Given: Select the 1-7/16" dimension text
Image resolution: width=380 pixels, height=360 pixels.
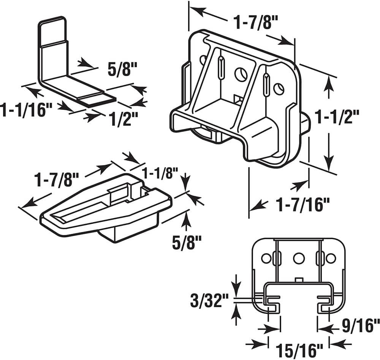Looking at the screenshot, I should click(302, 206).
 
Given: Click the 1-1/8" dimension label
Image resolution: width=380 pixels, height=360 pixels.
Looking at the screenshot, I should click(160, 174).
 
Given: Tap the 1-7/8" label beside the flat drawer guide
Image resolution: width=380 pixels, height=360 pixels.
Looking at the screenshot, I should click(57, 178).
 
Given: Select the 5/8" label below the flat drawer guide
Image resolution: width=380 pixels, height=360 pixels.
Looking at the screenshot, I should click(187, 243).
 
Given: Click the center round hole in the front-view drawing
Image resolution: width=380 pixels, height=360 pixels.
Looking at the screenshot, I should click(299, 259).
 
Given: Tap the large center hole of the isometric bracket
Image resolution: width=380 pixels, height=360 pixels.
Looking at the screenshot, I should click(240, 74).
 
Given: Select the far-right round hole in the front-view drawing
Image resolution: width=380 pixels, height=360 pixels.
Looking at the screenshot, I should click(331, 259).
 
